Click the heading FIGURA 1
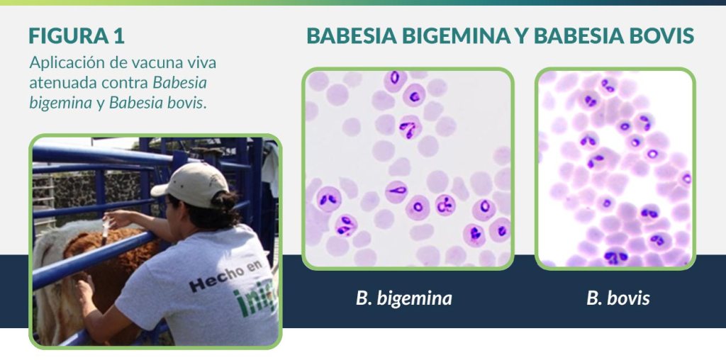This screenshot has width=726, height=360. (x=77, y=36)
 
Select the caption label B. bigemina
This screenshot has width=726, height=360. (x=403, y=298)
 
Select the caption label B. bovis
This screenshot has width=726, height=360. (x=618, y=298)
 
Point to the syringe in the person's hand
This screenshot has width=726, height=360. (x=106, y=229)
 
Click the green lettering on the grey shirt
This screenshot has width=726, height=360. (x=257, y=300)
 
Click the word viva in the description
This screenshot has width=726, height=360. (x=203, y=63)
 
